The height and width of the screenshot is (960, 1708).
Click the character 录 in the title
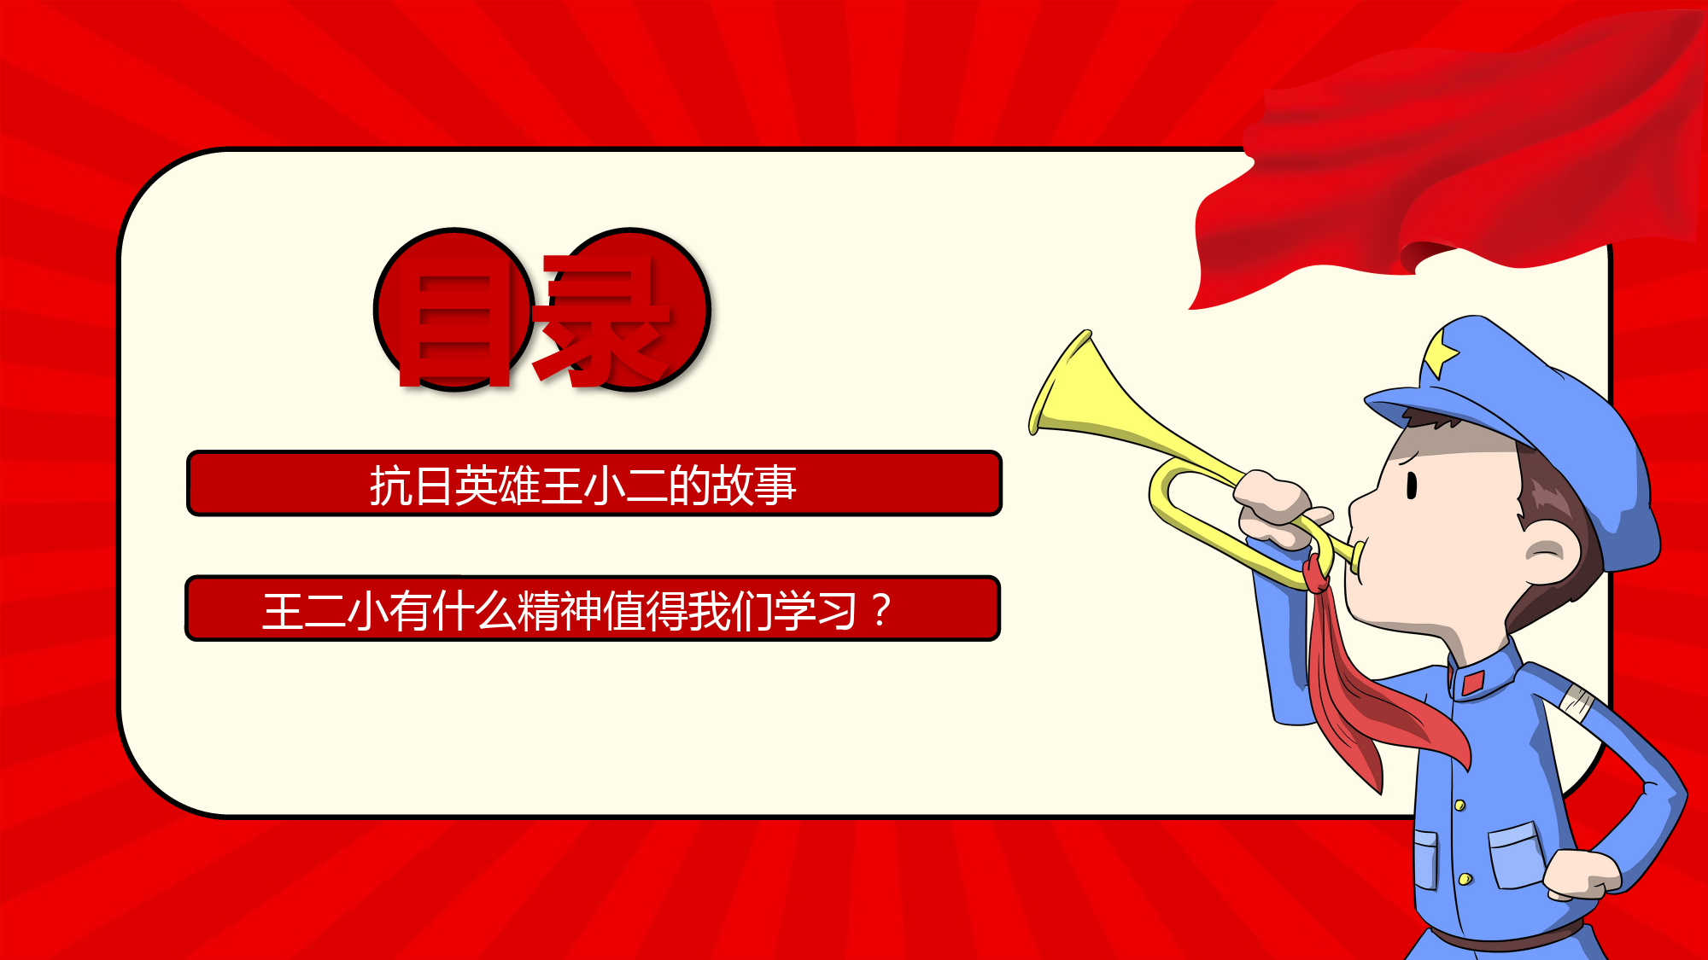point(602,319)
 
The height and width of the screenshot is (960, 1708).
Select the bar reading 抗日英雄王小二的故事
point(594,484)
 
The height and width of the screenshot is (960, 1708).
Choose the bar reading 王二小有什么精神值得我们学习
point(593,608)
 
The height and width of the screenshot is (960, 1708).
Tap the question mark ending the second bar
point(881,611)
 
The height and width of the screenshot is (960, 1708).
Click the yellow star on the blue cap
point(1442,352)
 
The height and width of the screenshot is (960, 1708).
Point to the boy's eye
point(1412,485)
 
